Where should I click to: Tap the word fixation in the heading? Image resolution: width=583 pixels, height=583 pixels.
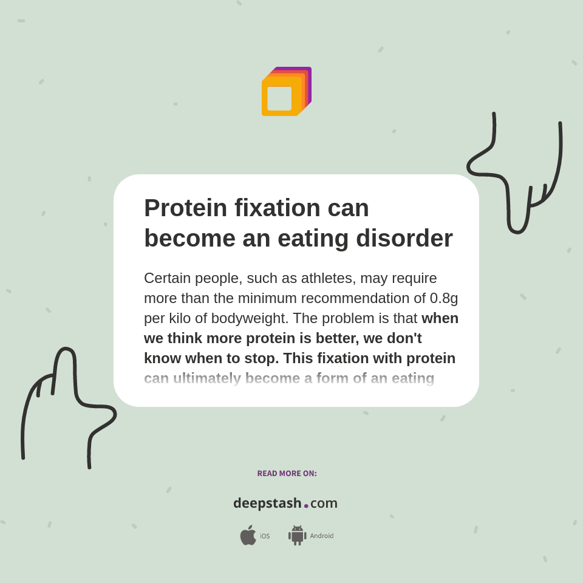click(x=277, y=208)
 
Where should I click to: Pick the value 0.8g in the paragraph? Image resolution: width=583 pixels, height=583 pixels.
click(x=444, y=298)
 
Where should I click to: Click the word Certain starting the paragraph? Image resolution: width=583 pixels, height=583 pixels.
click(x=167, y=278)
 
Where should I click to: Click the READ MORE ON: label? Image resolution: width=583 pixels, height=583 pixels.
click(x=287, y=474)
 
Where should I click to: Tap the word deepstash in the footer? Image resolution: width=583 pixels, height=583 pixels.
click(x=267, y=503)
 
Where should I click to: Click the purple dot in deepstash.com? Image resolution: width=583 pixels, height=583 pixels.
click(x=306, y=506)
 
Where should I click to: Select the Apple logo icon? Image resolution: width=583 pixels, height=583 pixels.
click(x=248, y=535)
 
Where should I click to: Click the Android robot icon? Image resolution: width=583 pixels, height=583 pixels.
click(x=298, y=535)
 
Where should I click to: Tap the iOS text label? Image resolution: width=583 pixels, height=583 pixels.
click(x=265, y=536)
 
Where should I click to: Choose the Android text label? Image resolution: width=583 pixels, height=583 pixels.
click(x=321, y=536)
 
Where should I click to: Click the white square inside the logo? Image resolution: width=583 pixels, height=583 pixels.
click(x=279, y=98)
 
